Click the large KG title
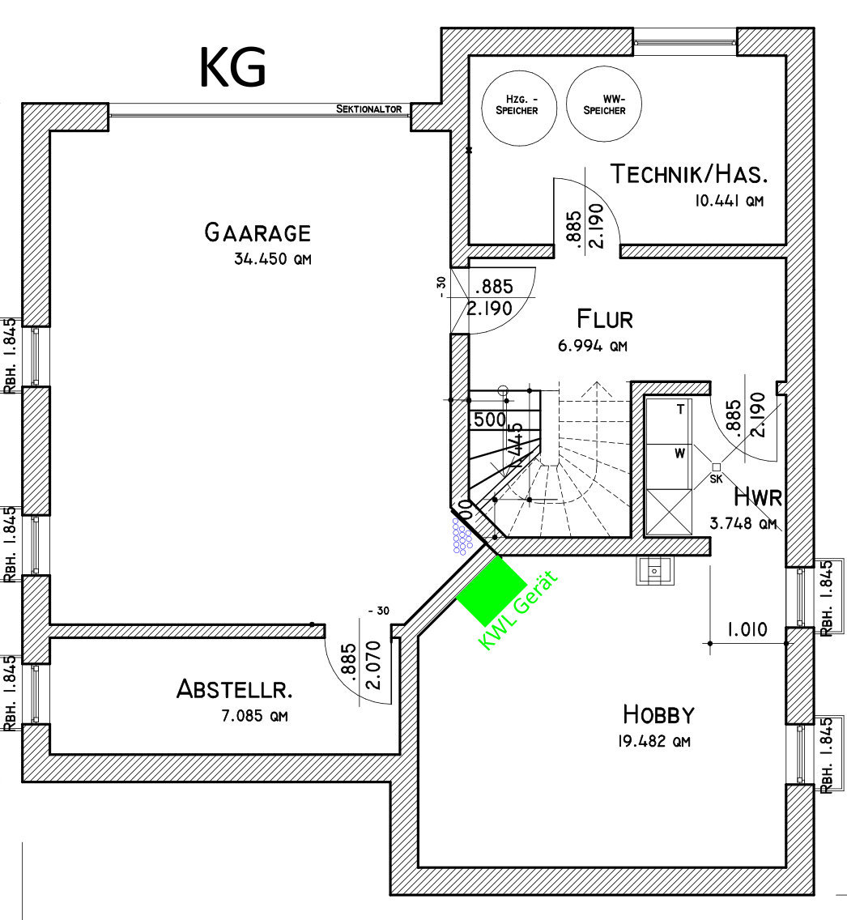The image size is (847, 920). tap(232, 68)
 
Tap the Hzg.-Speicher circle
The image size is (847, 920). tap(517, 105)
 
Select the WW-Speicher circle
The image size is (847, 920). tap(604, 105)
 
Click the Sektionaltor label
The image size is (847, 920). tap(369, 109)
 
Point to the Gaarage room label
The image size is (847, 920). tap(258, 233)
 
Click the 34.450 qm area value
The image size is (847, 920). tap(272, 260)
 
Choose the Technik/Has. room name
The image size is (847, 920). tap(688, 174)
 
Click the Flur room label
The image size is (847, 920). tap(604, 318)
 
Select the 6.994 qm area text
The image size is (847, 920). tap(593, 347)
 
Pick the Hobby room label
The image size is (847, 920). tap(658, 714)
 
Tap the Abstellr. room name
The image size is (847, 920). tap(235, 690)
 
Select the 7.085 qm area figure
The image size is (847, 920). tap(254, 716)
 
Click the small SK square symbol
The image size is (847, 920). tap(716, 466)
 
